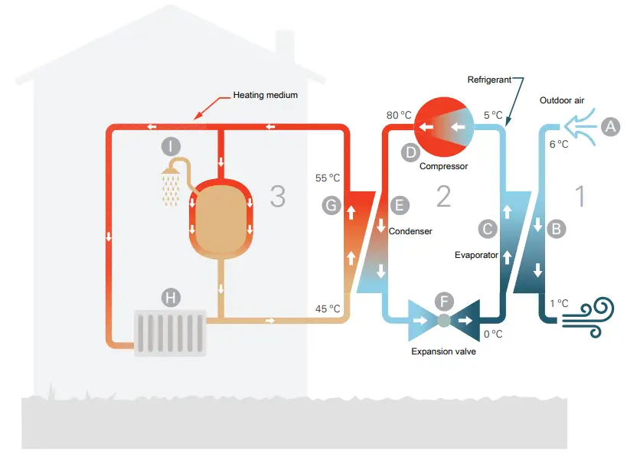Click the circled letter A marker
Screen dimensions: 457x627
[610, 126]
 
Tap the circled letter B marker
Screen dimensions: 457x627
[557, 228]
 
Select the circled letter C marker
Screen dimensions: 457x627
[486, 228]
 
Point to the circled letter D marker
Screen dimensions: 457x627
[412, 152]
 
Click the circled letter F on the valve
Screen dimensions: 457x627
[443, 301]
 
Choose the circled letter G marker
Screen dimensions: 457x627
[331, 204]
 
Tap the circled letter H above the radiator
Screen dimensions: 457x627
[170, 296]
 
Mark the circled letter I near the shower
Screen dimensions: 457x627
[171, 145]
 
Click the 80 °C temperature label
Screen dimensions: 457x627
[399, 116]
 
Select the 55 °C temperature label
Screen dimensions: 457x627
[327, 178]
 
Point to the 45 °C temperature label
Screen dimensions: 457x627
[327, 308]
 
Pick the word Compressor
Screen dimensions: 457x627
[443, 165]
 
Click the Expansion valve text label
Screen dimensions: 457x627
[443, 351]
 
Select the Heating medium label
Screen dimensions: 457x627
[265, 96]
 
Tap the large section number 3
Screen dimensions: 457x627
[277, 197]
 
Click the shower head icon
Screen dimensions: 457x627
[170, 184]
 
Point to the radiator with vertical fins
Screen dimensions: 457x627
[170, 333]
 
